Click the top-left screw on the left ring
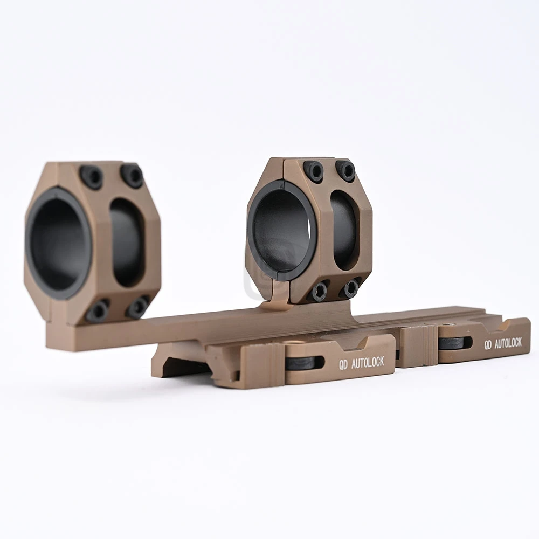92,177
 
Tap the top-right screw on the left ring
132,175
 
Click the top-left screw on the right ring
314,171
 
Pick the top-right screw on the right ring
345,170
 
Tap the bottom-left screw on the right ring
319,291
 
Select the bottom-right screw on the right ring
351,287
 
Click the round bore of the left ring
58,243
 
